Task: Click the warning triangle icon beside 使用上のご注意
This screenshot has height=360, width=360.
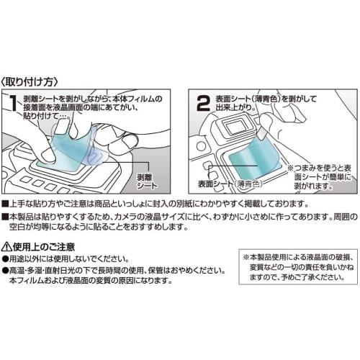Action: [x=8, y=246]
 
